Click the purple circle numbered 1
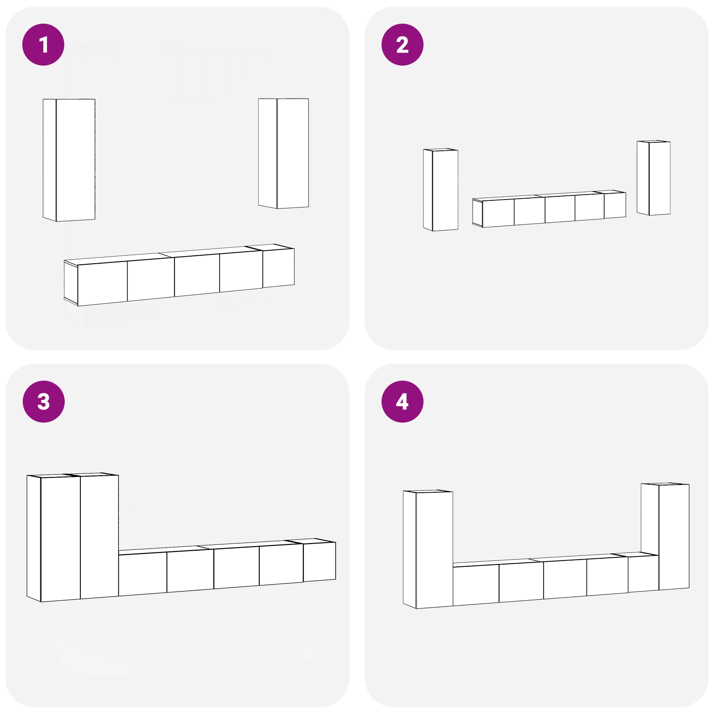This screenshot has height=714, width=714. click(x=43, y=45)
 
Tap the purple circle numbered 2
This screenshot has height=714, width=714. click(x=403, y=45)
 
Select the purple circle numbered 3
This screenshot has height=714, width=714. click(x=43, y=402)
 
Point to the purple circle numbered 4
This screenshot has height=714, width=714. click(x=403, y=402)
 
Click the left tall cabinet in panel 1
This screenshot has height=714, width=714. click(x=69, y=160)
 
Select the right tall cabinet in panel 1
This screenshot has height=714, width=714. click(x=283, y=153)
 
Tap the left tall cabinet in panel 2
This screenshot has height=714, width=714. click(x=440, y=190)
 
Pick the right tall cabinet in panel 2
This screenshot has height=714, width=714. click(x=654, y=178)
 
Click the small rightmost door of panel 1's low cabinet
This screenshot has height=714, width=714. click(x=278, y=268)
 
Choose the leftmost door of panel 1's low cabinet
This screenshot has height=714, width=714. click(x=103, y=283)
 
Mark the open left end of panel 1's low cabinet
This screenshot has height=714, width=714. click(x=71, y=282)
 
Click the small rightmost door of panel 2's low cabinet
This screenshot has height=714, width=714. click(x=615, y=206)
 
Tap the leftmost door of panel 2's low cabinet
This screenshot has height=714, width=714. click(x=498, y=213)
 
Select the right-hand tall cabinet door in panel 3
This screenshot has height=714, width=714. click(x=100, y=536)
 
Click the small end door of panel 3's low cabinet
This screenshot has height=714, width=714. click(x=320, y=562)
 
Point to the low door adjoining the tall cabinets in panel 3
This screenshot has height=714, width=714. click(x=143, y=574)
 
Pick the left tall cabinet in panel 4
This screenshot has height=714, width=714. click(x=428, y=549)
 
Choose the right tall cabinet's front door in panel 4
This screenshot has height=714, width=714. click(x=674, y=536)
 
